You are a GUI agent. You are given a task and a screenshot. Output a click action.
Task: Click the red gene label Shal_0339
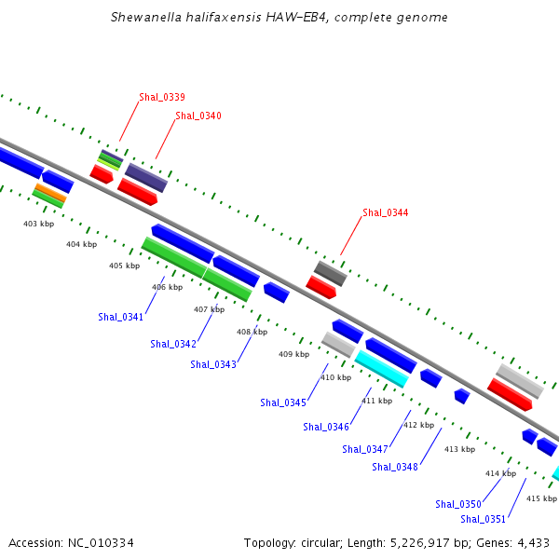(x=162, y=97)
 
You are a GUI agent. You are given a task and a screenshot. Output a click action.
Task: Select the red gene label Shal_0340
(x=198, y=116)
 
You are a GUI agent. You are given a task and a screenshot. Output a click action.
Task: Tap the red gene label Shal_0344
(x=385, y=212)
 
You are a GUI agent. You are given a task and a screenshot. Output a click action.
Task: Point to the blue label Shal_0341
(x=121, y=317)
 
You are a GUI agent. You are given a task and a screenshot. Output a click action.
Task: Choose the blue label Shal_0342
(x=173, y=344)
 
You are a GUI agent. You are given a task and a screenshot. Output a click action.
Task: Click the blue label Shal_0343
(x=213, y=364)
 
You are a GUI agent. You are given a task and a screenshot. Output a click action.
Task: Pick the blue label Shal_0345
(x=283, y=402)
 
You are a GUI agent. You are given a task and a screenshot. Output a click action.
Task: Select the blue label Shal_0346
(x=326, y=427)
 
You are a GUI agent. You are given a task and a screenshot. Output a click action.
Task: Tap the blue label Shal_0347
(x=365, y=449)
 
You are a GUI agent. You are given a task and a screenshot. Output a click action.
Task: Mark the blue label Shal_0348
(x=395, y=467)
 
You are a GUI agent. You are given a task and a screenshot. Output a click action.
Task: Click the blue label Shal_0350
(x=458, y=504)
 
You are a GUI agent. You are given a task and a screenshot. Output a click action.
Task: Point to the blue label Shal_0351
(x=484, y=519)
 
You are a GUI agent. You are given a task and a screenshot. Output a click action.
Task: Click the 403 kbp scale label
(x=38, y=224)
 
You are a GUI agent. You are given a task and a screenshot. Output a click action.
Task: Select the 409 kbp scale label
(x=293, y=354)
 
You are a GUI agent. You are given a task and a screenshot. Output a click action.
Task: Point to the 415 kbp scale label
(x=541, y=498)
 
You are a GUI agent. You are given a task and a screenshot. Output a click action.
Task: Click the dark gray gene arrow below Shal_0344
(x=331, y=273)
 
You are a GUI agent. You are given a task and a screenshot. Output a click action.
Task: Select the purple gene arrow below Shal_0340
(x=146, y=177)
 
